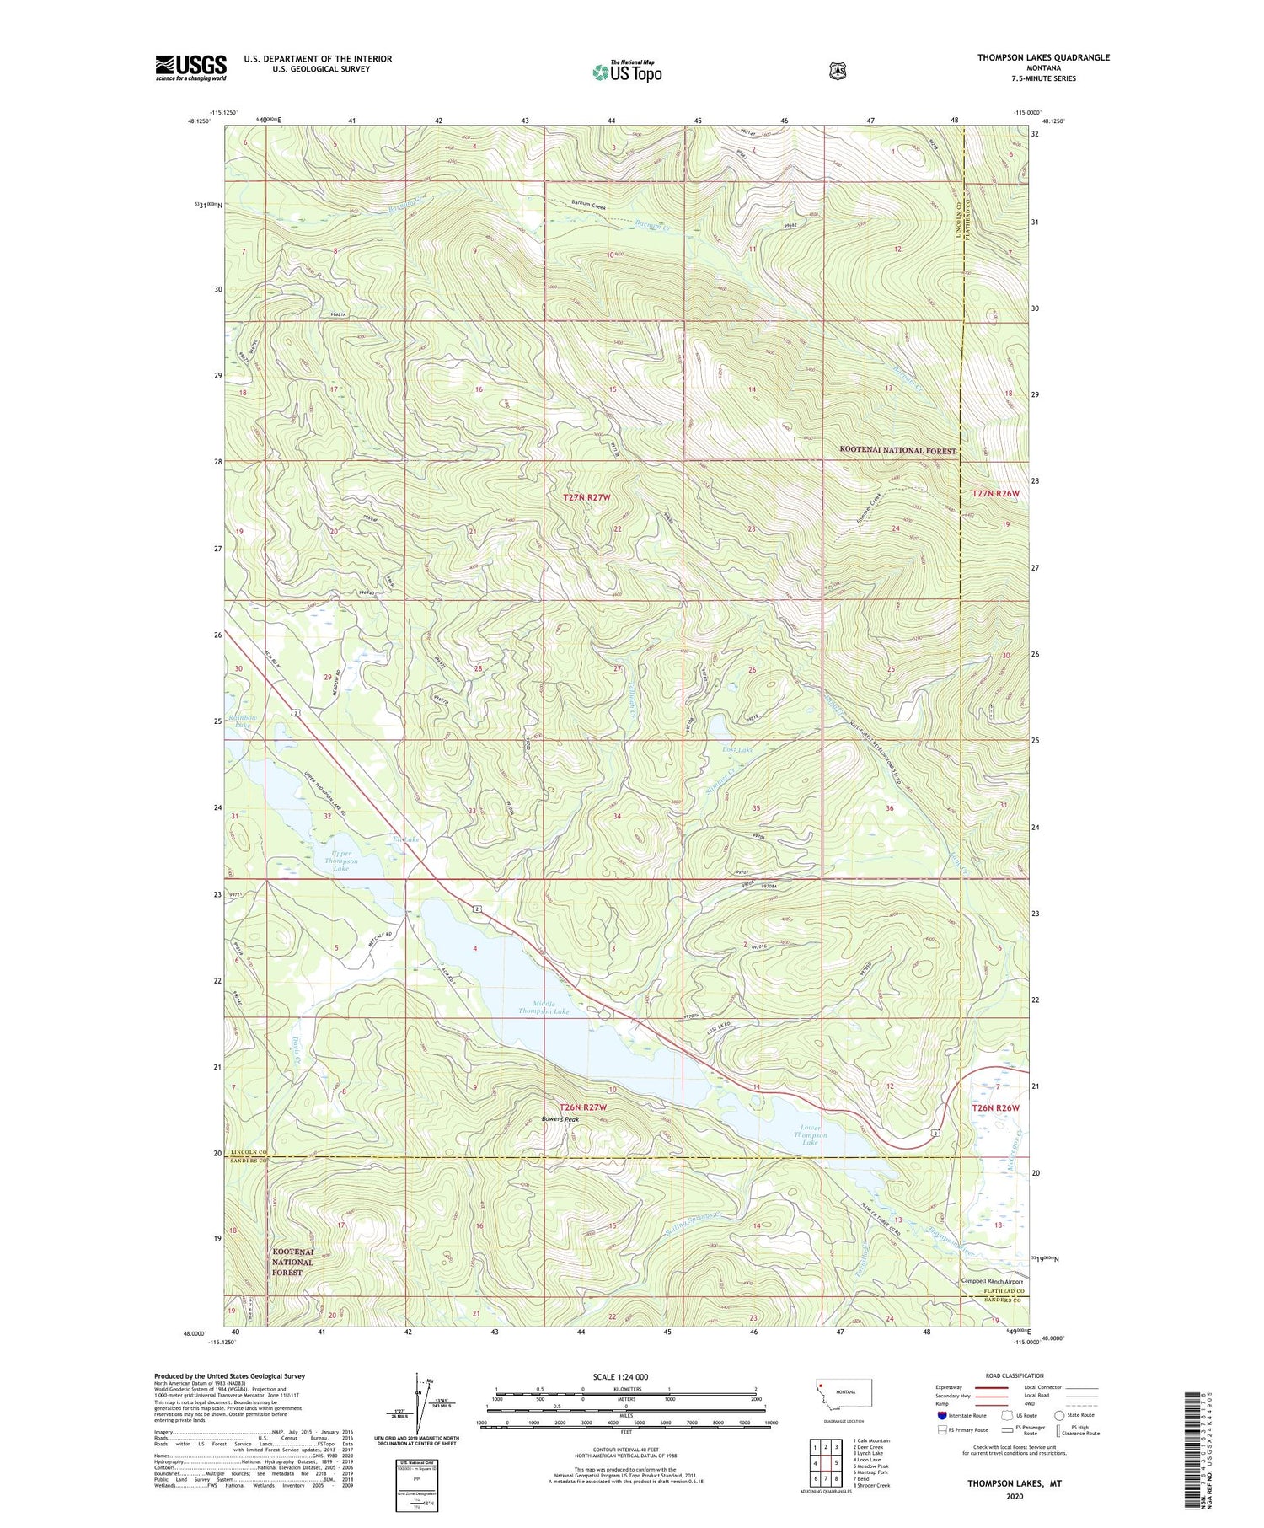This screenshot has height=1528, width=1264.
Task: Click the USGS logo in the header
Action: (190, 67)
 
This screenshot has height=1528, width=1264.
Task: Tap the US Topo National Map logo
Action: (627, 71)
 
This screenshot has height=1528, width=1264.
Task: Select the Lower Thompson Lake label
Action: (810, 1134)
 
